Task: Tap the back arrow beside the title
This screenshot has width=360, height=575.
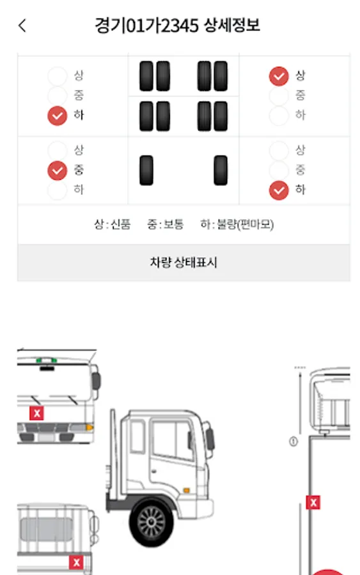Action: point(22,26)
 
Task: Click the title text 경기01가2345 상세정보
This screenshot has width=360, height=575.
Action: point(178,26)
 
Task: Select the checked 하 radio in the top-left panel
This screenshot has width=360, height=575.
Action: point(58,116)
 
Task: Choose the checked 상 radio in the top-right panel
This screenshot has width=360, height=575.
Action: point(279,76)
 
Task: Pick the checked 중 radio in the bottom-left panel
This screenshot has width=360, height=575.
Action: point(58,171)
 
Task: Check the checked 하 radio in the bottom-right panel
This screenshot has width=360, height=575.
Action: point(279,190)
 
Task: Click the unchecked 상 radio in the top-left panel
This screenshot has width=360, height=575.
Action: point(58,76)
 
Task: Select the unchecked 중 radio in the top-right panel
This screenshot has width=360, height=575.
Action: point(279,96)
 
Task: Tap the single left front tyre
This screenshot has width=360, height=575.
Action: point(146,170)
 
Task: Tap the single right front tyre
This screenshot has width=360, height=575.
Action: point(221,170)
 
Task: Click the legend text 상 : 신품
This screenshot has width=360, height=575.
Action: point(113,224)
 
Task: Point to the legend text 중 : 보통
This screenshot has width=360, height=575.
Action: point(165,224)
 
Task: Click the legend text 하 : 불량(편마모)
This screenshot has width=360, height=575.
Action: point(237,224)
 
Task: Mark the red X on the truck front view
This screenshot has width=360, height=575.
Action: point(36,413)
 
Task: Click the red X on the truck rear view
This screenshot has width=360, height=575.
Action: point(76,562)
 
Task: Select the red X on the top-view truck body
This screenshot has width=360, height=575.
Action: point(313,502)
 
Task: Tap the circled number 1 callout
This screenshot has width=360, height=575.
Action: point(293,441)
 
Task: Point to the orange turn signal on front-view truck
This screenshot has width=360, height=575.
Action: point(89,427)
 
